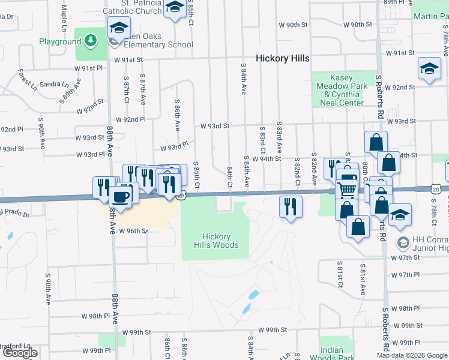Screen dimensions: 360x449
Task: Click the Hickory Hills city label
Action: pos(283,58)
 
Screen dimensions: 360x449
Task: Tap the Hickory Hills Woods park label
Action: pos(216,241)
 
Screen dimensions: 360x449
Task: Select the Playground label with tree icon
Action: pos(59,41)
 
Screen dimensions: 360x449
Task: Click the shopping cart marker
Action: pos(347,188)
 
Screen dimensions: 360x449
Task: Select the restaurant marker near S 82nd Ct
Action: pos(291,207)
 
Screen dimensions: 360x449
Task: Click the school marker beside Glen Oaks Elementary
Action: pos(119,28)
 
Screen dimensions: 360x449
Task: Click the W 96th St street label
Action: pos(133,230)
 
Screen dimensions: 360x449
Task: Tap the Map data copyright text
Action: pos(412,355)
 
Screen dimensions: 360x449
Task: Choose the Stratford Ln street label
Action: pos(14,346)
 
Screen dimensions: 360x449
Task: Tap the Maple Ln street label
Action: pos(64,19)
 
